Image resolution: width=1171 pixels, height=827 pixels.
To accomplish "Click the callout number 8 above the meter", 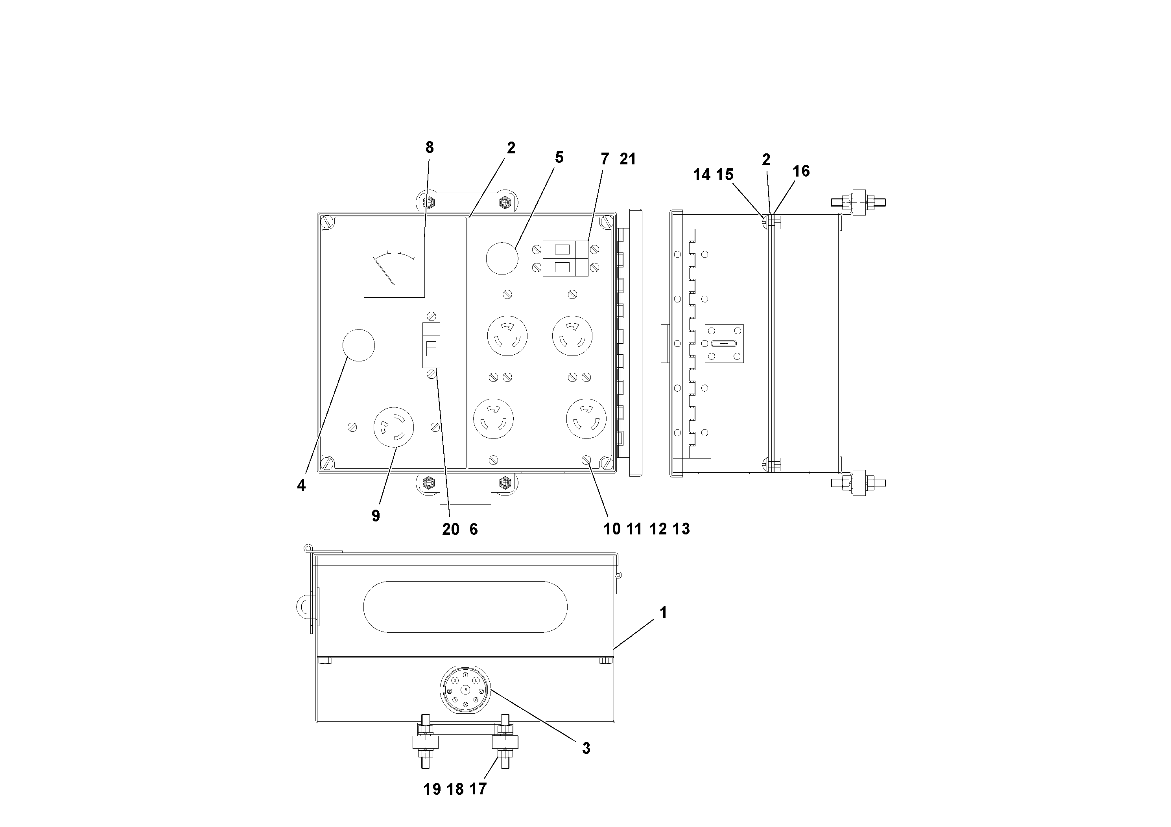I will coord(430,147).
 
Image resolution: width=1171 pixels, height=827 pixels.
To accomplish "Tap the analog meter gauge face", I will coord(394,267).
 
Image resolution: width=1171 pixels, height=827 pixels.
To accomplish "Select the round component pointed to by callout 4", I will coord(358,345).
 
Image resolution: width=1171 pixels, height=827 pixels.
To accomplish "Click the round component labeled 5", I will coord(502,258).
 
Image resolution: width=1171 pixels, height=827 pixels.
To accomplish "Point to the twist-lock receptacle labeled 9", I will coord(394,427).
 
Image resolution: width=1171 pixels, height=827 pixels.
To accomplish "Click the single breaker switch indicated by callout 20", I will coord(431,345).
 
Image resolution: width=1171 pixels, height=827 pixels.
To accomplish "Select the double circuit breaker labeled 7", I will coord(565,258).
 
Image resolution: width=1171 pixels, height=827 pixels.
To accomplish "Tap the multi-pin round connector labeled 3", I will coord(465,689).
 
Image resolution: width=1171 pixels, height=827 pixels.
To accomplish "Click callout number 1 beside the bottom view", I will coord(663,612).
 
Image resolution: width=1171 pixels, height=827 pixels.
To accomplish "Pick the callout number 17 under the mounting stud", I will coord(478,789).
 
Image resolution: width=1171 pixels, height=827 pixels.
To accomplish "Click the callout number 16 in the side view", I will coord(801,171).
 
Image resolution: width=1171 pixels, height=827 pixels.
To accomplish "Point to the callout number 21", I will coord(628,159).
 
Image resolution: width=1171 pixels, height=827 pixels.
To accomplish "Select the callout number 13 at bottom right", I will coord(681,529).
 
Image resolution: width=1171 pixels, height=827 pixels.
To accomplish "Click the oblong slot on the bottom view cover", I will coord(465,607).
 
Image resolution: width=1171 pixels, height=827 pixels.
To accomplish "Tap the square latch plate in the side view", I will coord(724,344).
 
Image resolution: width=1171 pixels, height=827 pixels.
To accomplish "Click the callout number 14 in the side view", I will coord(701,175).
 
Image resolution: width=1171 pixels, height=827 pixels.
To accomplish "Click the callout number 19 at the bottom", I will coord(432,789).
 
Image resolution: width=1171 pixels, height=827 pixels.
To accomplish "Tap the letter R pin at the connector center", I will coord(465,689).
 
